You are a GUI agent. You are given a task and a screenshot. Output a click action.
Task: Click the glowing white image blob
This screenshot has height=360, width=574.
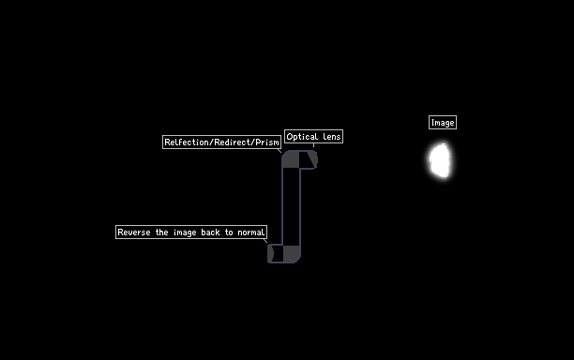(440, 160)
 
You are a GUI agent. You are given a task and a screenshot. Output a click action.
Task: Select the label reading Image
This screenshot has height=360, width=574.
(443, 123)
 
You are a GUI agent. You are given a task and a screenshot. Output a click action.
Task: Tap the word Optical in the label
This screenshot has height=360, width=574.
(302, 137)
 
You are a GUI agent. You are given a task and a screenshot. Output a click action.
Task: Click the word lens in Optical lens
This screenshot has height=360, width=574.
(332, 137)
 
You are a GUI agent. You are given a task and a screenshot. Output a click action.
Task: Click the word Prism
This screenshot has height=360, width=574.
(267, 142)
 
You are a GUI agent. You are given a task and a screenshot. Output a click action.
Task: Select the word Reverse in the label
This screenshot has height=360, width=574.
(133, 232)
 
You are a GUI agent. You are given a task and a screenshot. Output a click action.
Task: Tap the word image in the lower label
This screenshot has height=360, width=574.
(185, 232)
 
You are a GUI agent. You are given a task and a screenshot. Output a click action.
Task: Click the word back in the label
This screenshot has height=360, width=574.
(210, 232)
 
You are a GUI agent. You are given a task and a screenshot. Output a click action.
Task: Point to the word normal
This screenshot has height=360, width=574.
(251, 232)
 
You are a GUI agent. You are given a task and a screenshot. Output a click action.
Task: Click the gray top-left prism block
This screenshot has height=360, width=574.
(291, 159)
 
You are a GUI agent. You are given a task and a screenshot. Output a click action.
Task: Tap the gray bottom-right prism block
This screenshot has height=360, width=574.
(292, 253)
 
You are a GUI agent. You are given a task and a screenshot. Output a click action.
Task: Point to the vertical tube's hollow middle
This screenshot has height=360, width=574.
(292, 206)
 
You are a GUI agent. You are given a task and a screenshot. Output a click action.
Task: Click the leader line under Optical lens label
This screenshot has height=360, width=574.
(313, 145)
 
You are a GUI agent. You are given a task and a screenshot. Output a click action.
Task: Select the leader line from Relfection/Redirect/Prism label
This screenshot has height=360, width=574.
(279, 150)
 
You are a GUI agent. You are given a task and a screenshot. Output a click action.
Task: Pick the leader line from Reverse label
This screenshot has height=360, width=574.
(265, 240)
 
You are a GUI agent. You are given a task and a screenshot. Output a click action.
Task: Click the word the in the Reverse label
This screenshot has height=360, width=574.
(162, 232)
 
